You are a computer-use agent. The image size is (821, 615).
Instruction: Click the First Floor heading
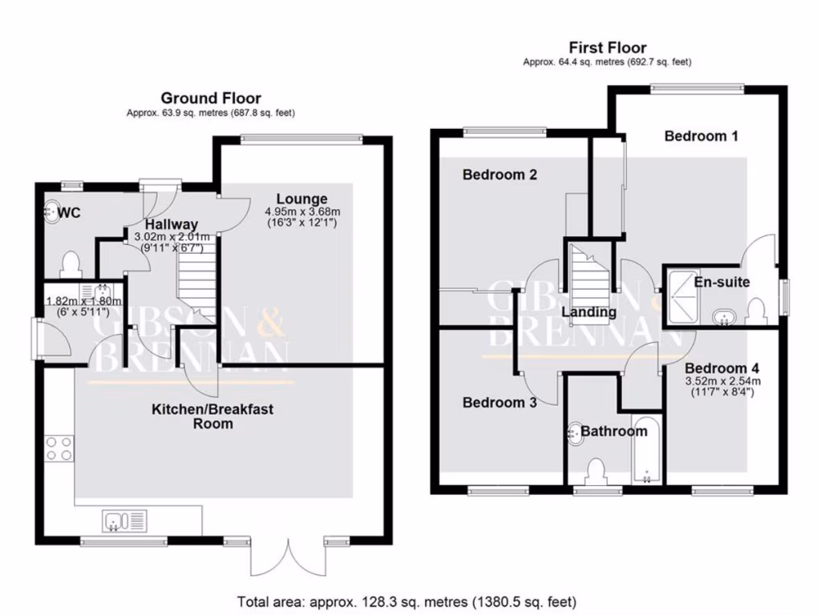click(x=607, y=47)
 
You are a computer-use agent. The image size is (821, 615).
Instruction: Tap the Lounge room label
click(x=301, y=199)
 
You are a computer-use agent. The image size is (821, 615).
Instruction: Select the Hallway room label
click(x=172, y=225)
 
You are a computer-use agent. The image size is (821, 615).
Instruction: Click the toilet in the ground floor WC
click(x=71, y=263)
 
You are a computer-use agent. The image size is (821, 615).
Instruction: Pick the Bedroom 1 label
click(x=701, y=136)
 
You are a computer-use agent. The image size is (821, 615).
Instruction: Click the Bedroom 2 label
click(x=499, y=175)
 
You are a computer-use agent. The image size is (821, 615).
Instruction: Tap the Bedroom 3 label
click(x=499, y=403)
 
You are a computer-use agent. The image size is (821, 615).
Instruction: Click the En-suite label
click(x=722, y=283)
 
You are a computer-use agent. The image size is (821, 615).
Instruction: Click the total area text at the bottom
click(x=406, y=601)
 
